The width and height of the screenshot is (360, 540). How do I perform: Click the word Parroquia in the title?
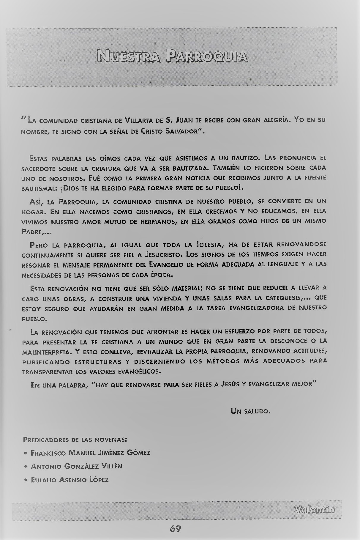point(207,56)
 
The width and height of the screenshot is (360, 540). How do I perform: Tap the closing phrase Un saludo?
point(250,412)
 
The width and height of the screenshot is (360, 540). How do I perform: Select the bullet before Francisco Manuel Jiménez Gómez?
point(26,454)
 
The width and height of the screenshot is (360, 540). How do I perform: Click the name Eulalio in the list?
point(43,480)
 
